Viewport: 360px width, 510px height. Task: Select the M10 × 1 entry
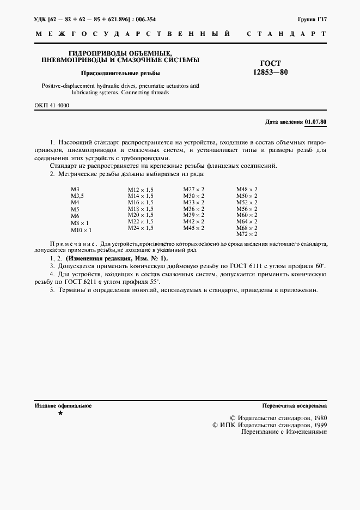(81, 230)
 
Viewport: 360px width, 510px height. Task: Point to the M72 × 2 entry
(246, 234)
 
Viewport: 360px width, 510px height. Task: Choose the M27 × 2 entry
(193, 189)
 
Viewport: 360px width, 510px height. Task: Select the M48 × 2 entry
(246, 189)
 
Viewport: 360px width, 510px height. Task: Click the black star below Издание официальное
(60, 414)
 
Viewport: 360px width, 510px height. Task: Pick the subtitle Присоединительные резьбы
(120, 72)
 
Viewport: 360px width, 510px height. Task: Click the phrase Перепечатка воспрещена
(294, 406)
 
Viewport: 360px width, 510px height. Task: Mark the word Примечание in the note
(72, 245)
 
